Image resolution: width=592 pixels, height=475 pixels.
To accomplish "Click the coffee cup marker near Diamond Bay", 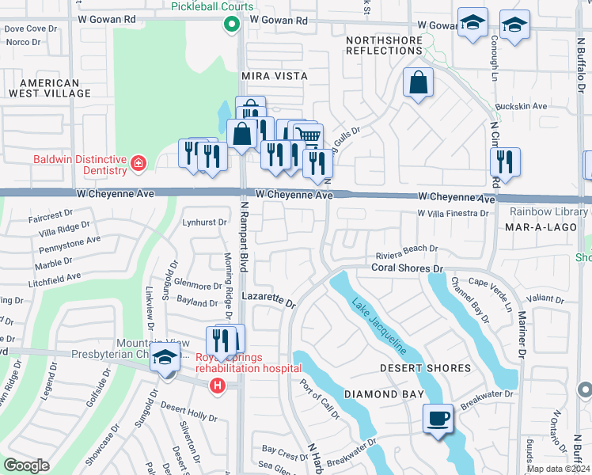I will click(x=438, y=419).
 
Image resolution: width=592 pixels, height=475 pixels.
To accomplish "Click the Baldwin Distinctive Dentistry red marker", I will click(x=139, y=164).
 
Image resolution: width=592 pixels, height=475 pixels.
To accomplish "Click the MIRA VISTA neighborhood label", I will click(x=273, y=76).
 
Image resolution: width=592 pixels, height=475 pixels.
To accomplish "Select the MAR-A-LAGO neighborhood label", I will click(x=532, y=227).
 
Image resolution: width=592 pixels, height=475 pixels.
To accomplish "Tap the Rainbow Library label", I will click(x=549, y=211).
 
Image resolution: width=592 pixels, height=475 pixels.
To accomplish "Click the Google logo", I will click(x=26, y=465).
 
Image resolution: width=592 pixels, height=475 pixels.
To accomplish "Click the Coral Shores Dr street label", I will click(x=407, y=268).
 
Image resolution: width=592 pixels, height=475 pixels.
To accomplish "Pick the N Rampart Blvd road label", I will click(x=245, y=245).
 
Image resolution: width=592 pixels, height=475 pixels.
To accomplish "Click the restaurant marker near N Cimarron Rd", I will click(x=504, y=161).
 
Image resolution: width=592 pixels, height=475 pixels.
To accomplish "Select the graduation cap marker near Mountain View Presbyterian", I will click(x=165, y=358).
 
